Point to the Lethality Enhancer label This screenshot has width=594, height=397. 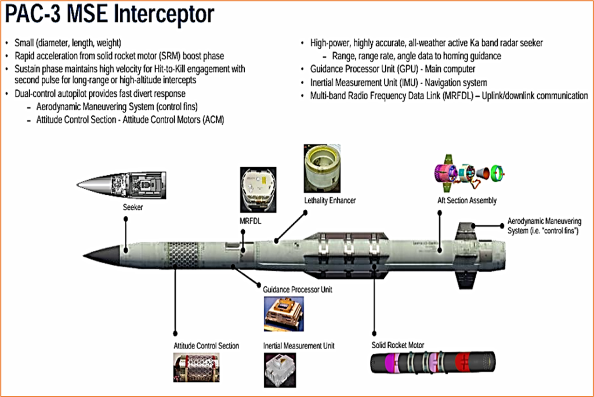329,201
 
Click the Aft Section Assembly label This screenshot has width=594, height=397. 467,201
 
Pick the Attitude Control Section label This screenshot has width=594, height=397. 207,345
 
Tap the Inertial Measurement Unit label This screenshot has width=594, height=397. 299,345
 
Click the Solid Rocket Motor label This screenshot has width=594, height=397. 398,345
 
